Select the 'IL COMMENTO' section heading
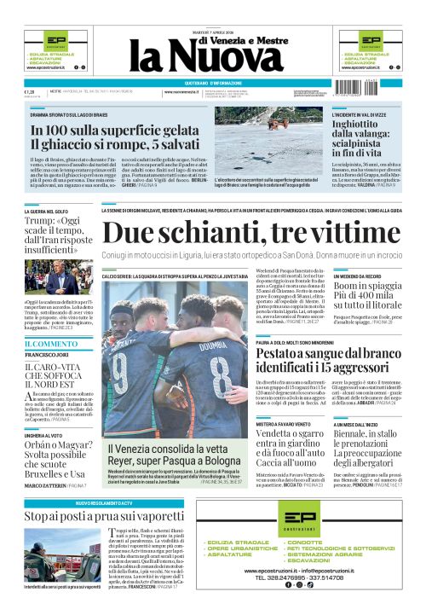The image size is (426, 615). (50, 344)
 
